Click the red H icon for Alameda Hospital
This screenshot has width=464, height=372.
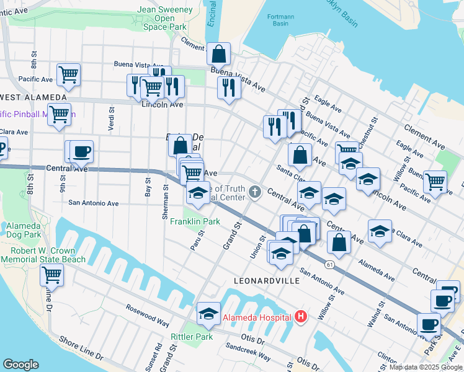pos(301,317)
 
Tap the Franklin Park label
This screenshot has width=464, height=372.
pos(195,221)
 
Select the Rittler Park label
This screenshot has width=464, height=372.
pos(192,337)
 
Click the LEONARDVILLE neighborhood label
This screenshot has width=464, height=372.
pos(267,281)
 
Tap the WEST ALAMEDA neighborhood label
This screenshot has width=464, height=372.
pos(33,97)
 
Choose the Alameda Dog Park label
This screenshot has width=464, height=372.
pos(24,230)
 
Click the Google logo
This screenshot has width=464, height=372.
pos(20,365)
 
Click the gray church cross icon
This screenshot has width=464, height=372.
pos(255,191)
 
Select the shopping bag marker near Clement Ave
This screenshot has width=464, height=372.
pos(218,55)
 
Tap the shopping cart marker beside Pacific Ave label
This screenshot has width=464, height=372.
pos(69,74)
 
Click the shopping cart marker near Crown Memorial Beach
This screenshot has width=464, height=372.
pos(51,275)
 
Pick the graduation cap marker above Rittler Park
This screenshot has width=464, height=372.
pos(209,314)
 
